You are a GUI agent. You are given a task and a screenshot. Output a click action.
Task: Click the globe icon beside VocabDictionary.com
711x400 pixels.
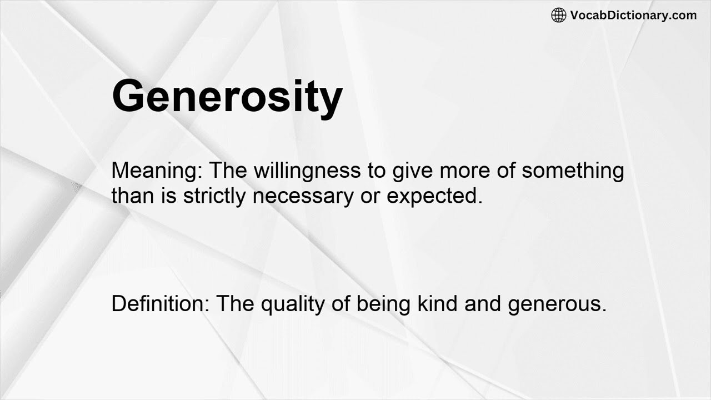(559, 15)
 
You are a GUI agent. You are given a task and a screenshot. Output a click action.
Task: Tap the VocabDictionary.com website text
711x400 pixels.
(633, 15)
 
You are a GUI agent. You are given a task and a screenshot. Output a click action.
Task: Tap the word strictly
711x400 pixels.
(214, 196)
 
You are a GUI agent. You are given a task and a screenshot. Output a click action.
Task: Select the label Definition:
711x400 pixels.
(161, 303)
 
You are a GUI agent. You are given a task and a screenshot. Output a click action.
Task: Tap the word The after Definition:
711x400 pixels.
(235, 303)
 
